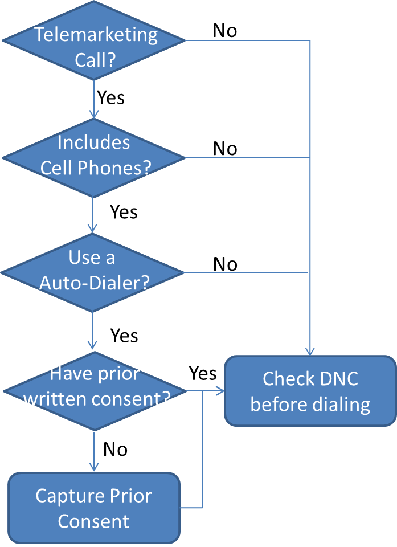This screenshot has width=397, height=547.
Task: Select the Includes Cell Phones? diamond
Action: click(93, 157)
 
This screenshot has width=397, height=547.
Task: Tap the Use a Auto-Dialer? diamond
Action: click(93, 272)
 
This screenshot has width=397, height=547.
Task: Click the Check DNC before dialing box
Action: click(310, 391)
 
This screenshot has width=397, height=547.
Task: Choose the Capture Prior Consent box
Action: click(94, 508)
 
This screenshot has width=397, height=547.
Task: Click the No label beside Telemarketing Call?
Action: click(225, 31)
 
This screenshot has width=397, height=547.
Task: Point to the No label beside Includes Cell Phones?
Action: click(225, 149)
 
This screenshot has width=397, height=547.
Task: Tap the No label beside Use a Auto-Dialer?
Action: click(225, 264)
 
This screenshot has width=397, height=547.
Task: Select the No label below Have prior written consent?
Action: click(115, 450)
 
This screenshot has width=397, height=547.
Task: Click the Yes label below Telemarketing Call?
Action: click(110, 97)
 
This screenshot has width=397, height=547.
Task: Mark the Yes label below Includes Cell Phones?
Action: click(124, 212)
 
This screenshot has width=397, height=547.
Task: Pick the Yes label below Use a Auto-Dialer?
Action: click(124, 336)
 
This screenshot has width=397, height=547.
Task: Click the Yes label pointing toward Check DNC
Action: click(203, 373)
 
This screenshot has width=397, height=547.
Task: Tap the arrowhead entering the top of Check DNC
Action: click(310, 352)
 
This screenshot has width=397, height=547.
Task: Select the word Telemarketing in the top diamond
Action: click(96, 34)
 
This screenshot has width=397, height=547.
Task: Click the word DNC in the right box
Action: click(337, 378)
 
